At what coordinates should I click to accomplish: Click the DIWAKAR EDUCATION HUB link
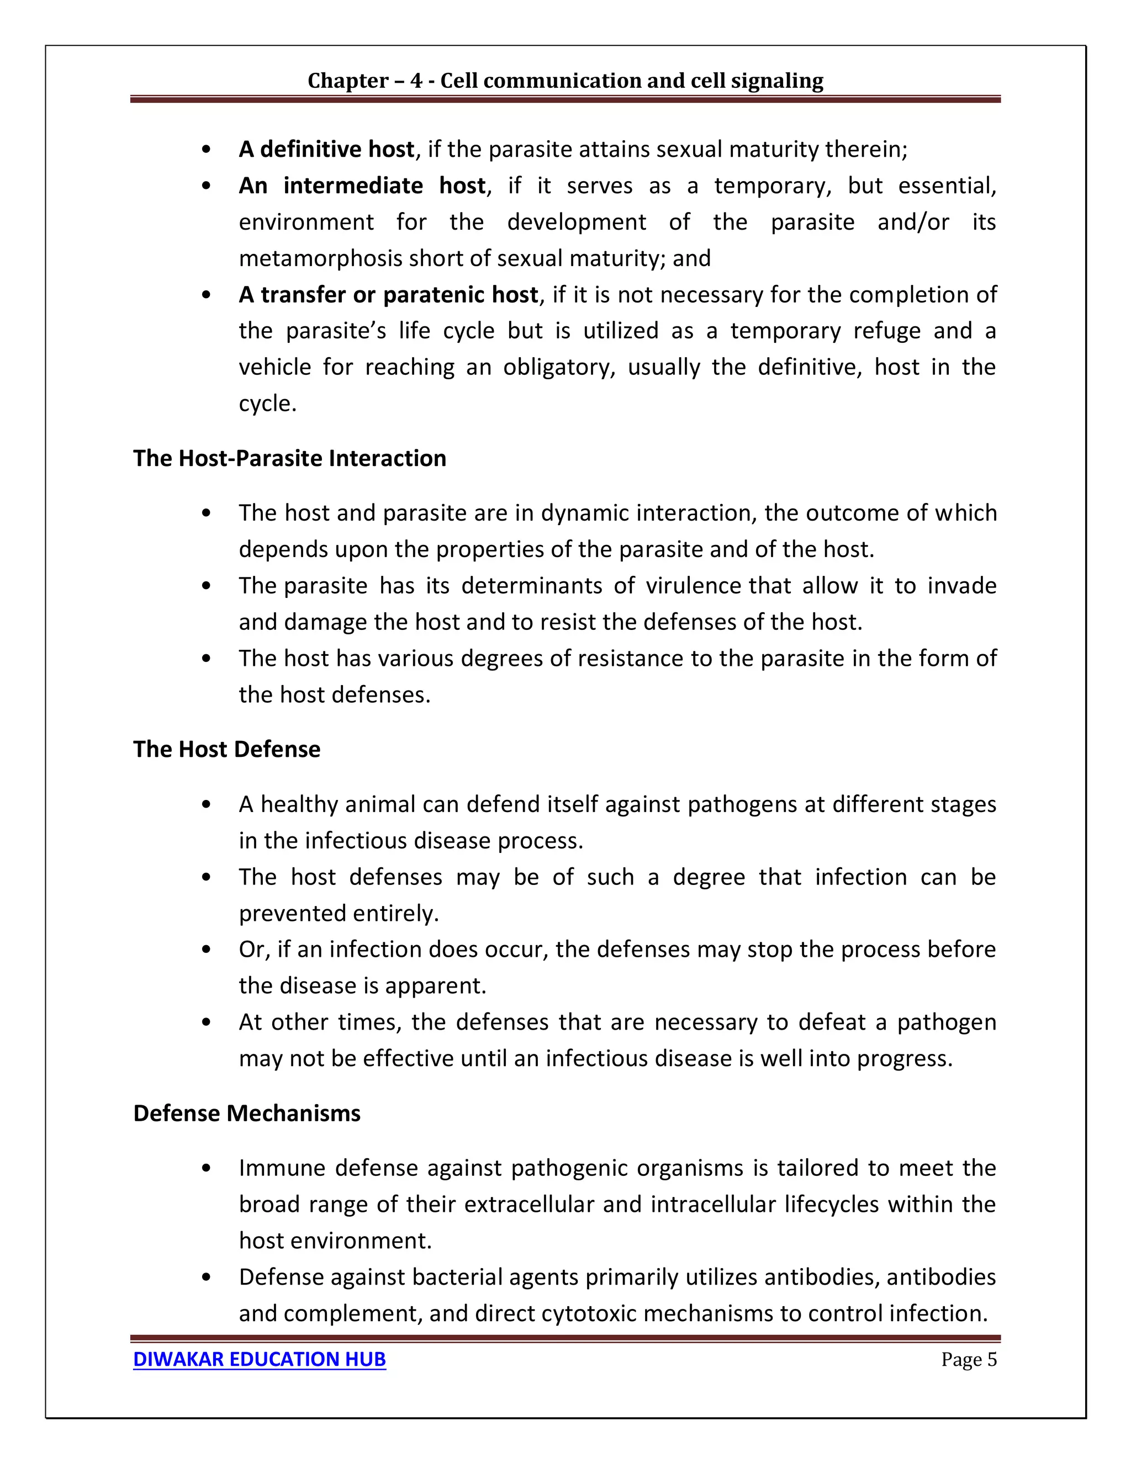(x=260, y=1359)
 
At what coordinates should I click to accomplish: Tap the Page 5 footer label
(x=968, y=1359)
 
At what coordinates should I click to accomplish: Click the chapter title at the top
(x=565, y=81)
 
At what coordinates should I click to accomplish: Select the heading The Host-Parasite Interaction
(x=289, y=458)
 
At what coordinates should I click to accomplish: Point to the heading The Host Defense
(x=226, y=749)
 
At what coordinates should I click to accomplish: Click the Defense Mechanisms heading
(x=246, y=1112)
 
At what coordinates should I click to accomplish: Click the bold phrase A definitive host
(x=326, y=149)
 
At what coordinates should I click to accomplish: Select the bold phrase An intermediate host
(x=362, y=185)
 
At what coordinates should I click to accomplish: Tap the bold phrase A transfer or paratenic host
(x=388, y=295)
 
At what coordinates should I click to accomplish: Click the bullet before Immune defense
(x=207, y=1168)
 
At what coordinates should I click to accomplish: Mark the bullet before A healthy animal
(x=207, y=804)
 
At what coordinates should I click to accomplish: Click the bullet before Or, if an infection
(x=207, y=949)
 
